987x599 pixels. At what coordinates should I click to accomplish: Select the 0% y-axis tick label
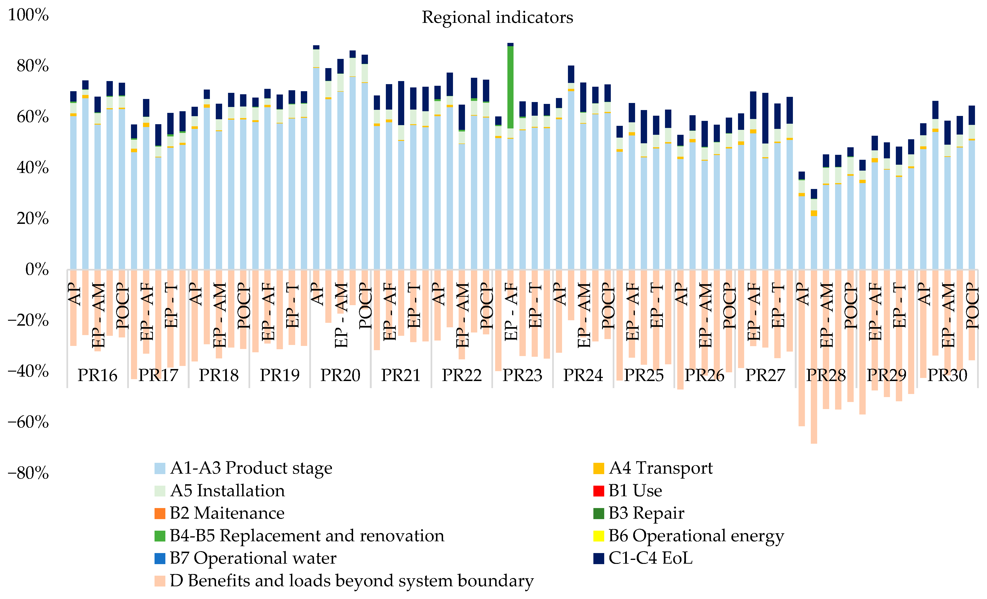37,270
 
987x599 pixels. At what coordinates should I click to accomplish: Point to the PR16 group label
97,375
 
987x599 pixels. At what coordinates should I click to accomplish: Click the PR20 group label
340,375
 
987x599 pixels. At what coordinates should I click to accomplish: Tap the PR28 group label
826,375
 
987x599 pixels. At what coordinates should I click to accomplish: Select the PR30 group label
947,375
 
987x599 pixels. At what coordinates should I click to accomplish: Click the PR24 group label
583,375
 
